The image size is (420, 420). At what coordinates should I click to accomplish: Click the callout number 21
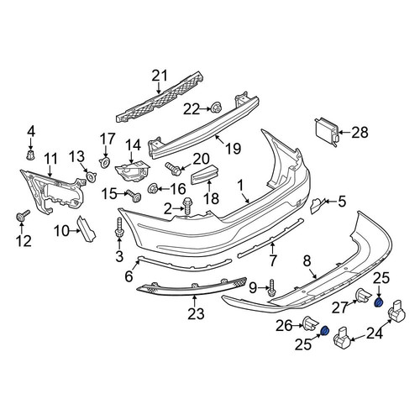tap(160, 76)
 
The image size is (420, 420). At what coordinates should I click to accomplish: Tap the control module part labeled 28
tap(327, 132)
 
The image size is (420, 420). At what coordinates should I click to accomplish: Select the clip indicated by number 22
tap(216, 108)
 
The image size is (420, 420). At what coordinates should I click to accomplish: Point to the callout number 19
tap(233, 148)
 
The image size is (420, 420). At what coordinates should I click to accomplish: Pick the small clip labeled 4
tap(30, 155)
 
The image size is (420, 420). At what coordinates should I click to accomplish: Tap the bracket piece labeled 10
tap(87, 228)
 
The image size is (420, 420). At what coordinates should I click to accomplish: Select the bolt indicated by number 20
tap(173, 169)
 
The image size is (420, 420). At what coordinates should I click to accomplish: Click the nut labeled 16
tap(153, 189)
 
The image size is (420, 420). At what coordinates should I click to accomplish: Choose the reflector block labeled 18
tap(204, 175)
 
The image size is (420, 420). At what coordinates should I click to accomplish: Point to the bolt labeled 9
tap(271, 288)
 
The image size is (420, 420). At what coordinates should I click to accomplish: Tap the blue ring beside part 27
tap(379, 302)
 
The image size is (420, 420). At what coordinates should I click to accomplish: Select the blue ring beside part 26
tap(324, 331)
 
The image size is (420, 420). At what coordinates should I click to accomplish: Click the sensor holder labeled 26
tap(310, 325)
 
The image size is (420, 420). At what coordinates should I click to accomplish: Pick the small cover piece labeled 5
tap(318, 205)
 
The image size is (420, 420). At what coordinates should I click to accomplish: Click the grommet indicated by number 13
tap(92, 177)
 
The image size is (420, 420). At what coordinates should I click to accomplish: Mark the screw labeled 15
tap(134, 196)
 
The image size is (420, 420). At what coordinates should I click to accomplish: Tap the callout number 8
tap(307, 261)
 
